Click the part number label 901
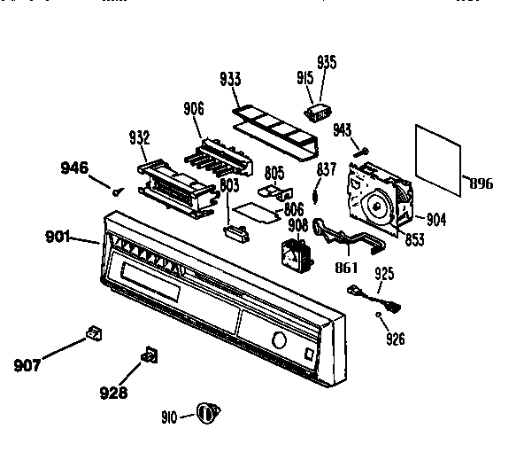59,236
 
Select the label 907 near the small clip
29,363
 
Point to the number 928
112,392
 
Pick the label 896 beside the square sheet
481,185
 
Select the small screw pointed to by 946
117,187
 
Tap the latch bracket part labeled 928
149,356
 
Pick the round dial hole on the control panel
279,341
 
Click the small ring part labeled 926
378,314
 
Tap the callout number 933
230,80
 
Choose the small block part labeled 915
316,113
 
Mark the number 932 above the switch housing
139,137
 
